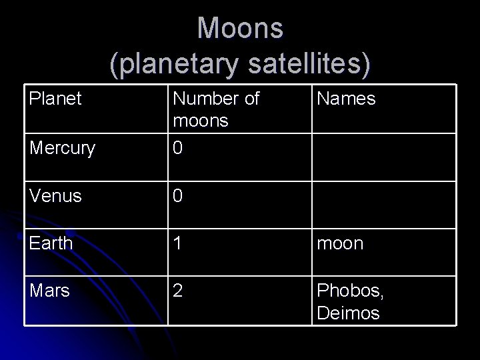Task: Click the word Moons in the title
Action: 240,28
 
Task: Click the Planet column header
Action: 56,99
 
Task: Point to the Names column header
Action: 346,99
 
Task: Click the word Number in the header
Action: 205,99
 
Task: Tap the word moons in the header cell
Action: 200,121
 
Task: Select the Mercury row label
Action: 62,147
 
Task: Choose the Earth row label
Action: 51,243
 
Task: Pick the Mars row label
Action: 49,291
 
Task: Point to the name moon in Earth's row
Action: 340,244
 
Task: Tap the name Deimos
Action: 348,313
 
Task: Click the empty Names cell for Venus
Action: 383,203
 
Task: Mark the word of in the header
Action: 251,99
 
